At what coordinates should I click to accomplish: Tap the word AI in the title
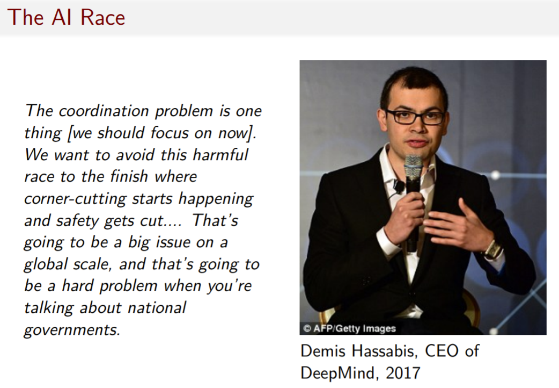[62, 17]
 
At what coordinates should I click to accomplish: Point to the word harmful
[220, 155]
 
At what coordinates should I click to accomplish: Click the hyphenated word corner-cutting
[75, 199]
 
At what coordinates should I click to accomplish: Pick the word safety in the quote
[77, 221]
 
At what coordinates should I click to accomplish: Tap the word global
[46, 264]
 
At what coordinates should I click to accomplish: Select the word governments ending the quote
[72, 330]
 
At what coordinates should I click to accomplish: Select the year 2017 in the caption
[403, 372]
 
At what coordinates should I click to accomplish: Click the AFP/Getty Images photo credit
[349, 328]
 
